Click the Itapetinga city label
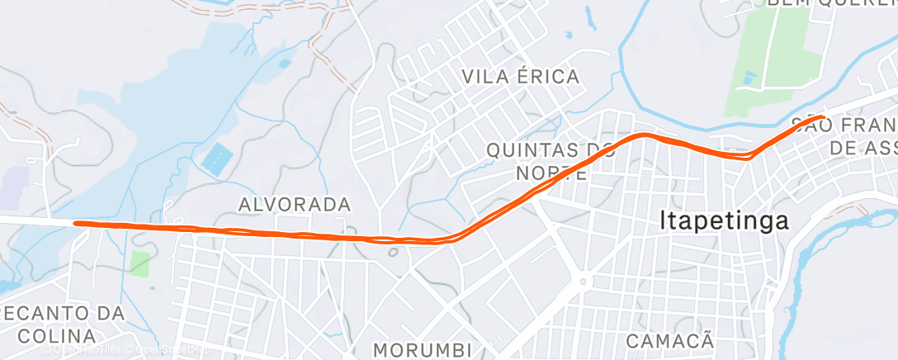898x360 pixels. pyautogui.click(x=724, y=221)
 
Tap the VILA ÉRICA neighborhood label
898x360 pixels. pyautogui.click(x=521, y=77)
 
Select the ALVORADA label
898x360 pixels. pyautogui.click(x=295, y=203)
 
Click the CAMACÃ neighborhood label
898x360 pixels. pyautogui.click(x=669, y=340)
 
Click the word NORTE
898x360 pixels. pyautogui.click(x=551, y=173)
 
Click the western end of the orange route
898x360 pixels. pyautogui.click(x=76, y=223)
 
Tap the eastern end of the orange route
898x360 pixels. pyautogui.click(x=820, y=118)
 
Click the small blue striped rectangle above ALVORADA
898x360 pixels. pyautogui.click(x=216, y=159)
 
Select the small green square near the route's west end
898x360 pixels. pyautogui.click(x=140, y=264)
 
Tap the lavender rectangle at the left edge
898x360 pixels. pyautogui.click(x=14, y=188)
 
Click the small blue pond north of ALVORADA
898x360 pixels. pyautogui.click(x=285, y=63)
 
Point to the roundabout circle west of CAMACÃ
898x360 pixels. pyautogui.click(x=582, y=282)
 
